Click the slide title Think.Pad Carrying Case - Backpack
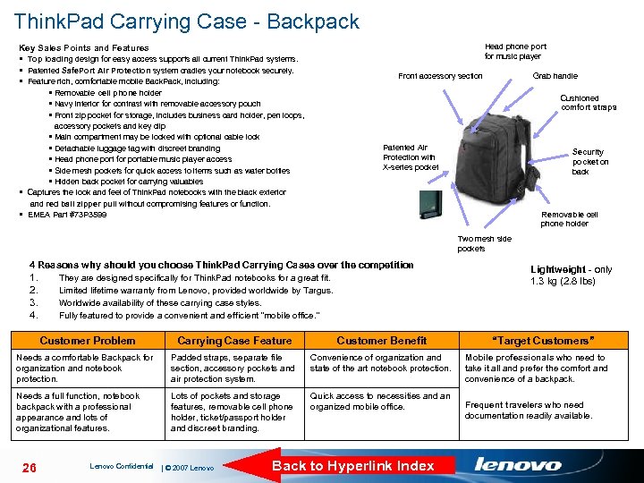[186, 21]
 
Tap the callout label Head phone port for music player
[515, 51]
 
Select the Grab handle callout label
[555, 76]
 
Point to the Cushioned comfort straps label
[588, 103]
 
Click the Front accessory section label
[440, 76]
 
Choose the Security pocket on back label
[589, 162]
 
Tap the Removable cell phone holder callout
[569, 219]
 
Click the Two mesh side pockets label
[484, 243]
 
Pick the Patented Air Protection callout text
[410, 157]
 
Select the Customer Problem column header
[88, 341]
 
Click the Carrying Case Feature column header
[234, 341]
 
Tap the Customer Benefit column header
[381, 341]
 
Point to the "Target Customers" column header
[543, 341]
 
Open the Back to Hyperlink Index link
[352, 465]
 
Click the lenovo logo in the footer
[518, 464]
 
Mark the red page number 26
[29, 466]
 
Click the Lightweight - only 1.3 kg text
[571, 275]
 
